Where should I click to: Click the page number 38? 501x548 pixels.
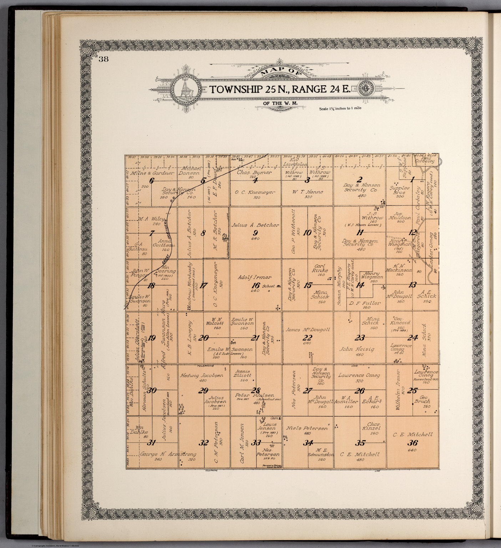(104, 59)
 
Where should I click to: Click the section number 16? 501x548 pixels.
(255, 285)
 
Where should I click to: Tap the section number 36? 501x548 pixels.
(413, 443)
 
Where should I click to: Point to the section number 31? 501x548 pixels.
(152, 443)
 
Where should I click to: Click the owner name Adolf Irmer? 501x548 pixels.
(255, 277)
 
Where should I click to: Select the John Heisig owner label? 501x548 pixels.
(357, 349)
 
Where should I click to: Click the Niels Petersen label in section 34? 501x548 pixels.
(307, 428)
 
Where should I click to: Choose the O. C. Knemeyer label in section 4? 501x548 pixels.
(255, 192)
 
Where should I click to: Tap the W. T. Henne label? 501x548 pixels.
(307, 192)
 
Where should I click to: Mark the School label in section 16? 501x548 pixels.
(268, 286)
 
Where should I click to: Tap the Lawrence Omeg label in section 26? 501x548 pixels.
(359, 375)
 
